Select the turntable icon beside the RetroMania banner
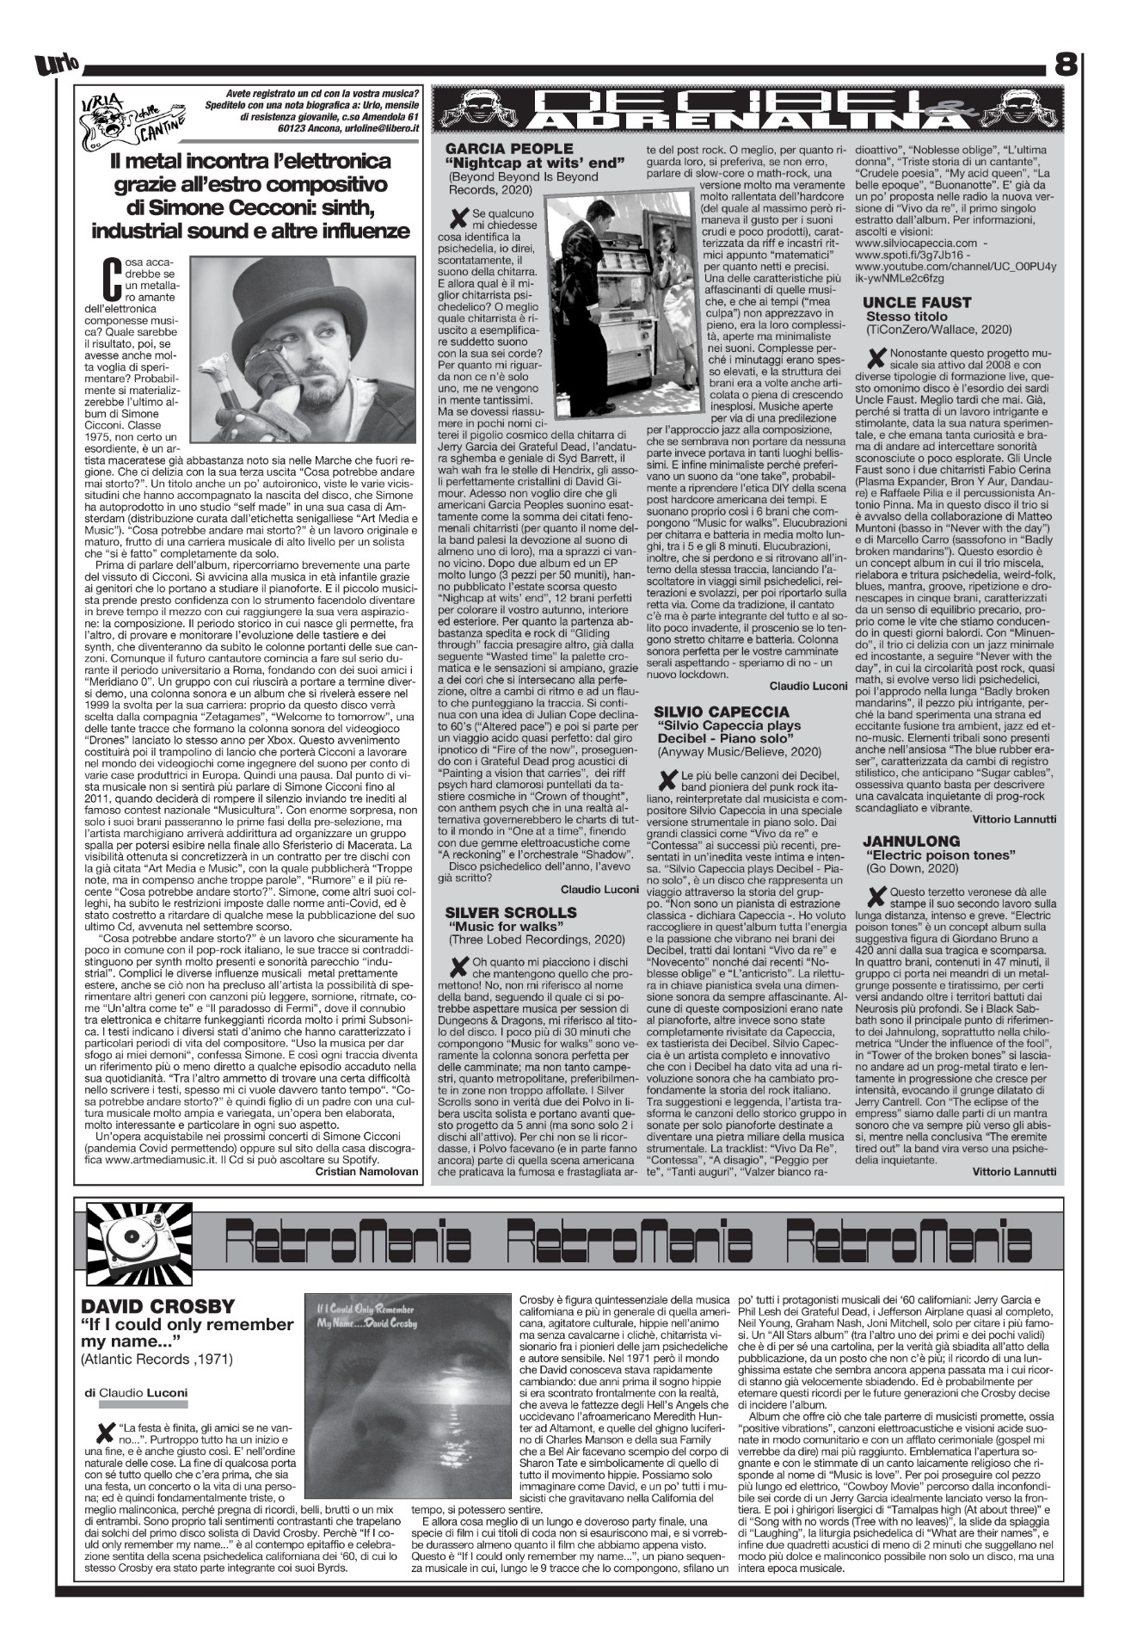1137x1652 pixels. pyautogui.click(x=133, y=1236)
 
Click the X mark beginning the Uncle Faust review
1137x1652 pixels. pyautogui.click(x=876, y=354)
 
